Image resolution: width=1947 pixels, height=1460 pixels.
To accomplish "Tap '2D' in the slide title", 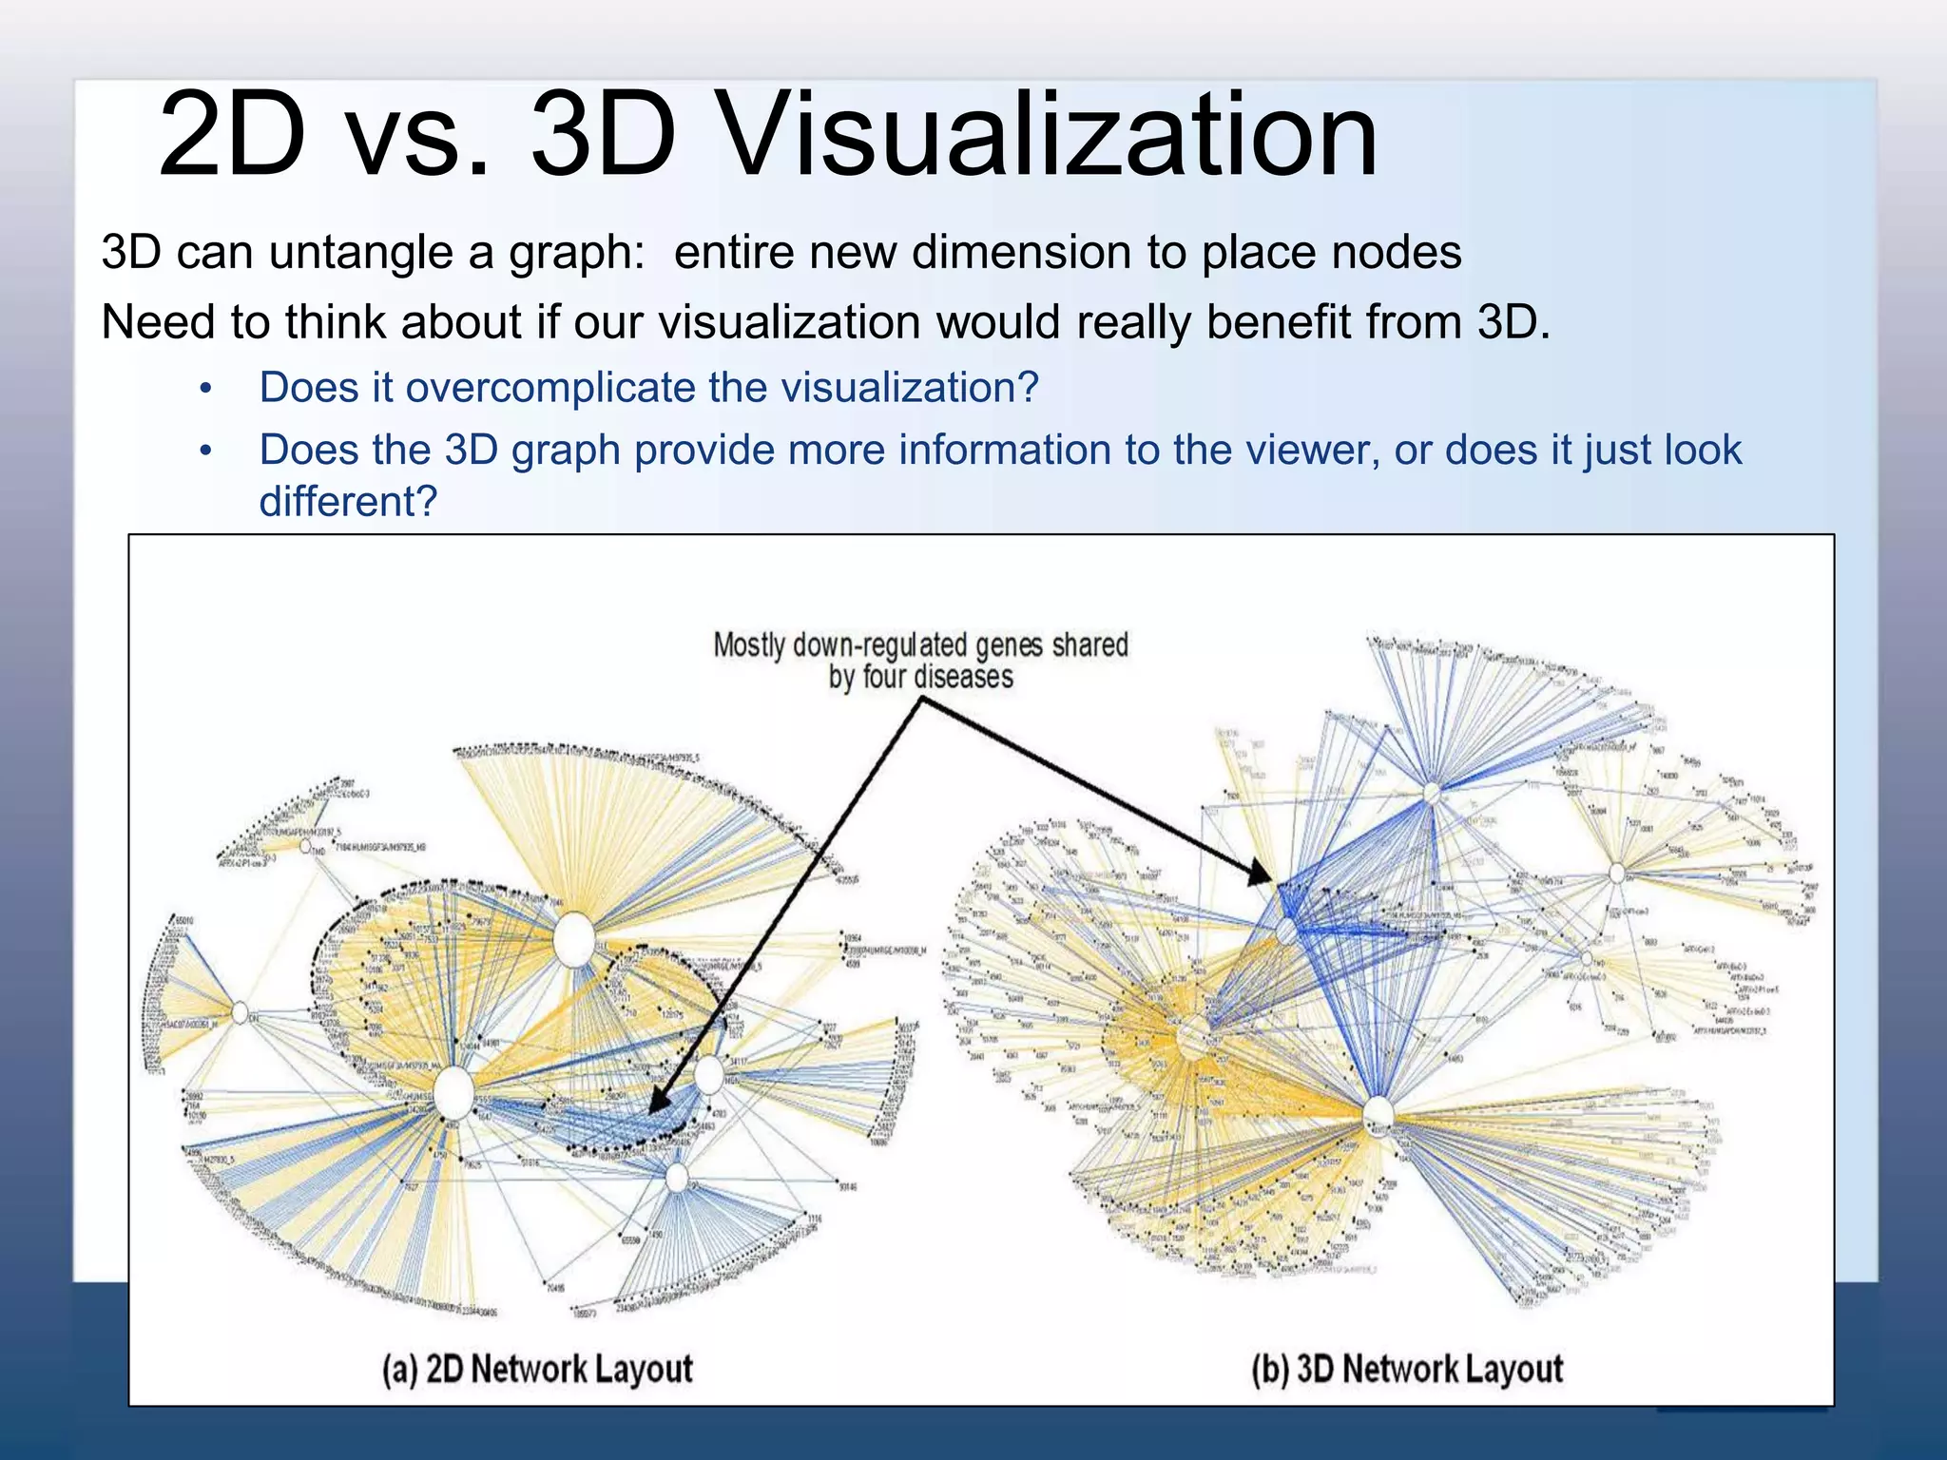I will pos(232,135).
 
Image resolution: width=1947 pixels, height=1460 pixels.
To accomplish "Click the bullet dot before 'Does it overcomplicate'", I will pos(205,389).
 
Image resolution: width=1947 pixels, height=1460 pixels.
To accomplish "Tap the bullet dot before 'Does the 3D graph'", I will pos(205,451).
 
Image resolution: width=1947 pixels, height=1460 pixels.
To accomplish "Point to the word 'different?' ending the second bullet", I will pos(348,502).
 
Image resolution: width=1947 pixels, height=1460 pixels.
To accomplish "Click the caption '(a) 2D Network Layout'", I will pos(537,1369).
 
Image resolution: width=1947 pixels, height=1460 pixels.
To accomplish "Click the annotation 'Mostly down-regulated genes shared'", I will pos(920,645).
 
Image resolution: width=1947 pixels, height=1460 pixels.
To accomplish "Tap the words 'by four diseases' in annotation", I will pos(920,678).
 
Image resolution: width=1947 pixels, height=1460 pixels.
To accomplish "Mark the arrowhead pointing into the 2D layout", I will pos(656,1105).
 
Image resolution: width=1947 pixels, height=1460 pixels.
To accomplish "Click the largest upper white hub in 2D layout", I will pos(574,939).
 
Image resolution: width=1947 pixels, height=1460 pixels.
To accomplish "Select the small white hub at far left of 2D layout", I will pos(241,1012).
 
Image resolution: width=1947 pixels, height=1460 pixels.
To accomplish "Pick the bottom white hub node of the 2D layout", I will pos(677,1178).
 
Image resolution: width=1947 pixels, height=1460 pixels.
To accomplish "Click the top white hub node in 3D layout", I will pos(1432,793).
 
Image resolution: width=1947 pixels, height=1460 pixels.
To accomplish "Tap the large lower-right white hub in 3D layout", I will pos(1378,1114).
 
